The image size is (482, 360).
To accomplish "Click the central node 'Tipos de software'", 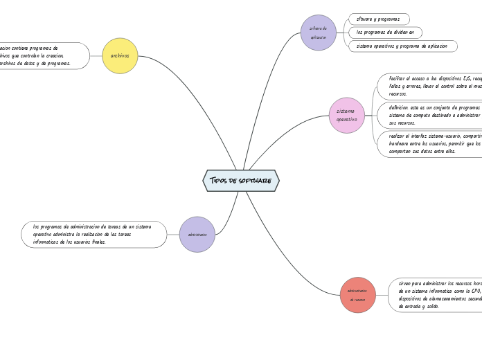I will [x=241, y=181].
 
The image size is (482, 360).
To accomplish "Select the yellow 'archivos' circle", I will [x=120, y=55].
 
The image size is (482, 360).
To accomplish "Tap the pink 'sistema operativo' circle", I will [x=346, y=115].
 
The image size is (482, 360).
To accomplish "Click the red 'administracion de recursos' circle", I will [x=357, y=295].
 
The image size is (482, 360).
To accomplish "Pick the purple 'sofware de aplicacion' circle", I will [x=319, y=33].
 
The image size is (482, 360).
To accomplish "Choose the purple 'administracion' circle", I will [x=197, y=234].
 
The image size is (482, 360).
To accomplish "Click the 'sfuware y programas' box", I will [x=379, y=19].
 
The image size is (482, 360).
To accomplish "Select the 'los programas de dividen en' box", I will [x=385, y=33].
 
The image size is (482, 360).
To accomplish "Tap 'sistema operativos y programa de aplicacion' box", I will [x=402, y=46].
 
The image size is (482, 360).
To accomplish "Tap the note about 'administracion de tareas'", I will [x=94, y=234].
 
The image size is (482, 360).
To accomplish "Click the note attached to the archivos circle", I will [x=42, y=55].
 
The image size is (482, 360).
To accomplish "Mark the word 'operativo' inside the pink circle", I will [x=346, y=120].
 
